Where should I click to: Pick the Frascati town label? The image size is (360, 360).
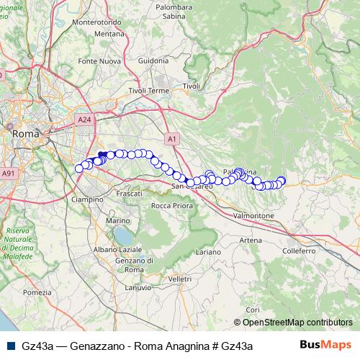pos(130,194)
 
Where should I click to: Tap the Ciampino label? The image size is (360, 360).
pos(88,199)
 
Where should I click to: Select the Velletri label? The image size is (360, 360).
pos(179,279)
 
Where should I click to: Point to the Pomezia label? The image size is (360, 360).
pos(37,292)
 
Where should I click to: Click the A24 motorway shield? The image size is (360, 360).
pos(84,120)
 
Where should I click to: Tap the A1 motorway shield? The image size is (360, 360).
pos(171,138)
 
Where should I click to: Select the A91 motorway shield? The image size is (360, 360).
pos(8,174)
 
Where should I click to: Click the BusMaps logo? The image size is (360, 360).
pos(325,345)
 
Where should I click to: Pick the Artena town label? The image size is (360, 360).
pos(250,240)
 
